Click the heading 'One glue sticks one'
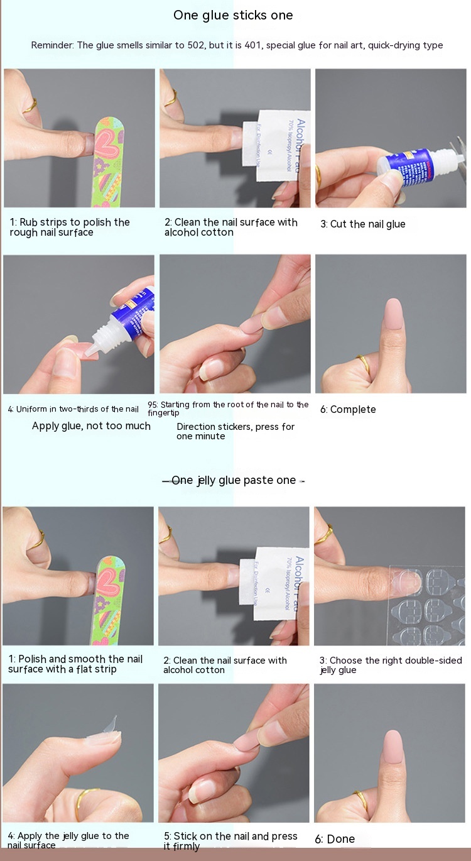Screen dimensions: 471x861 tap(233, 15)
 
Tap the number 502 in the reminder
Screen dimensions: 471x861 tap(196, 45)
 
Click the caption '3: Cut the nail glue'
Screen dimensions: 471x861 tap(362, 224)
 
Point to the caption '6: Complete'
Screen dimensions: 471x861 tap(348, 409)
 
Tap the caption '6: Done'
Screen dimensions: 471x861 tap(335, 839)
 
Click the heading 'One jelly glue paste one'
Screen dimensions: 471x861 tap(234, 480)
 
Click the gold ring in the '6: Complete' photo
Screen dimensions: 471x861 tap(364, 363)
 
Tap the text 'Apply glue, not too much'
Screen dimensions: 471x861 tap(91, 426)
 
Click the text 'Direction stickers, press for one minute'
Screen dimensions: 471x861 tap(235, 431)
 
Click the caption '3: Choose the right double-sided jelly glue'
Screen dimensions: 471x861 tap(391, 665)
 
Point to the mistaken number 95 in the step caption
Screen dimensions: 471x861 tap(152, 405)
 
